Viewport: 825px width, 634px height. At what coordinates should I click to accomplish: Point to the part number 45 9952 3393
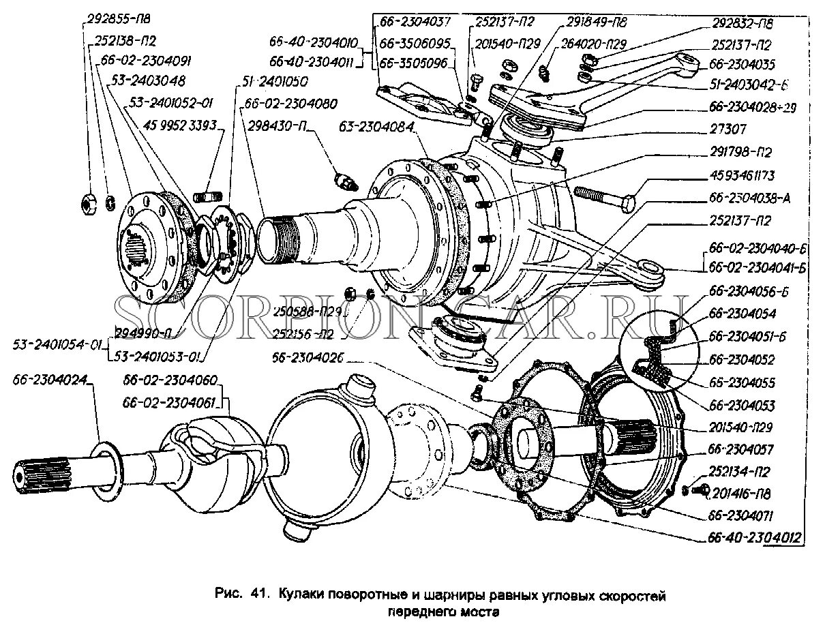click(180, 125)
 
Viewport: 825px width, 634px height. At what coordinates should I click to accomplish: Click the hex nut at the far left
click(89, 202)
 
